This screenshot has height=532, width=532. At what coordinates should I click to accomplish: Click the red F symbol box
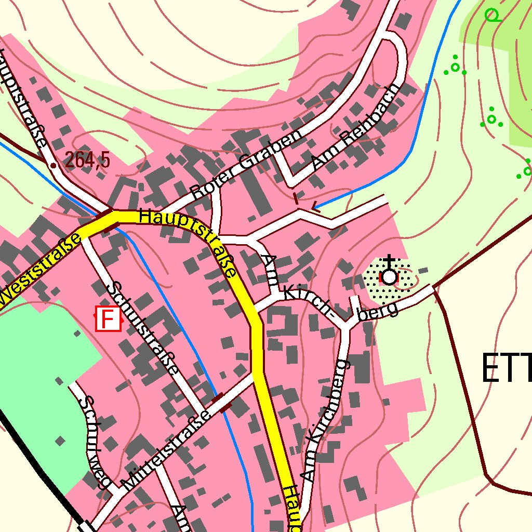(108, 318)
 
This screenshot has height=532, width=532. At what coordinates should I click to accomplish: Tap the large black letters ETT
(507, 368)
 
